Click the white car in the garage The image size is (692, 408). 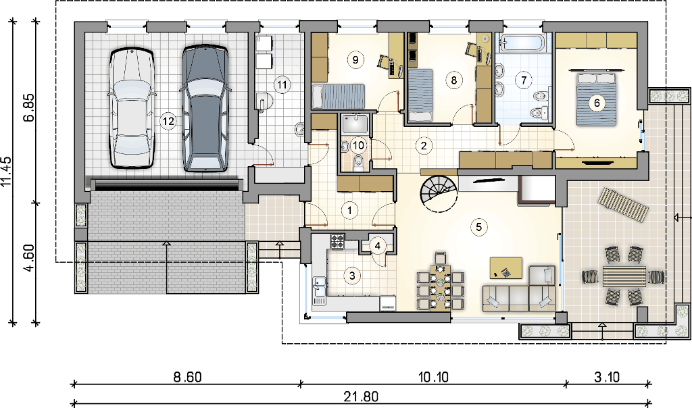(x=132, y=109)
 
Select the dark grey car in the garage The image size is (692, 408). (x=205, y=107)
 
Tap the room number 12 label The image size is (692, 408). (x=168, y=120)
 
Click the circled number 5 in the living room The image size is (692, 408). (x=479, y=227)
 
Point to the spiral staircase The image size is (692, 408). (x=439, y=193)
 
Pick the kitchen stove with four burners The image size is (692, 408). (x=338, y=241)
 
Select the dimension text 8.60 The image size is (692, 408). (x=187, y=377)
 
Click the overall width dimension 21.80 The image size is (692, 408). (x=361, y=397)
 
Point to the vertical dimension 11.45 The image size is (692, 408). (x=7, y=172)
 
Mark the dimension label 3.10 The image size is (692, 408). (x=607, y=377)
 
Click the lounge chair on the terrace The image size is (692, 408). (x=623, y=204)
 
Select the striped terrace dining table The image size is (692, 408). (x=624, y=276)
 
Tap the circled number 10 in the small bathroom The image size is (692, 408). (x=359, y=145)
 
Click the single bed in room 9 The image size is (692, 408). (x=339, y=96)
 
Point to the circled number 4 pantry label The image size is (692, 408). (x=377, y=246)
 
